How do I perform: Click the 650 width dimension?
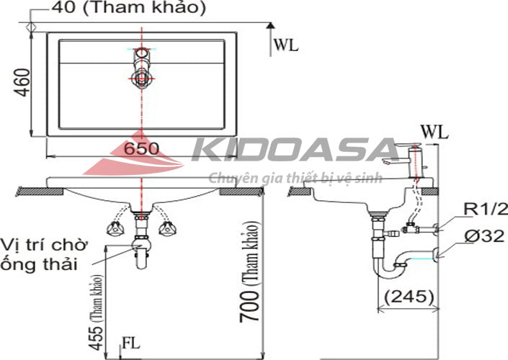[x=142, y=148]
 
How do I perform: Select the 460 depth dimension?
[x=22, y=83]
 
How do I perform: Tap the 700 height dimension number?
[x=249, y=306]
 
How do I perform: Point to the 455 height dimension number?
[x=97, y=338]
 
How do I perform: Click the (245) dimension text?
[x=409, y=296]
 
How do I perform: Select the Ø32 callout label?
[x=484, y=235]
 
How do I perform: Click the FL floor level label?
[x=131, y=343]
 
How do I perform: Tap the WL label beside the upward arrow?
[x=286, y=45]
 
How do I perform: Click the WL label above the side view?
[x=434, y=132]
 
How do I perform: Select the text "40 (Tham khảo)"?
[x=128, y=7]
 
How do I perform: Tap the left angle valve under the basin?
[x=115, y=228]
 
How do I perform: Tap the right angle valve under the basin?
[x=167, y=228]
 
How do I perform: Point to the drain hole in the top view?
[x=141, y=78]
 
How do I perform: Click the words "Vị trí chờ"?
[x=44, y=245]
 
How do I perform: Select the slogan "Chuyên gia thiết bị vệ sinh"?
[x=295, y=178]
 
